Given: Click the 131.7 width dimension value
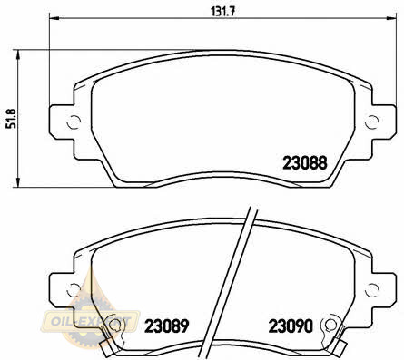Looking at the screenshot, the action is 222,12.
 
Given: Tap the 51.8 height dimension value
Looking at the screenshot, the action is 12,119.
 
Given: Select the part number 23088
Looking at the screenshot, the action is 305,163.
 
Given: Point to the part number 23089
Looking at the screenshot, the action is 167,326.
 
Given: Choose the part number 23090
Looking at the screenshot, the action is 291,326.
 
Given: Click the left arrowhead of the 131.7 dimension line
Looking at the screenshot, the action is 54,18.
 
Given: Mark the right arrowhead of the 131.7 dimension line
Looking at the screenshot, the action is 390,18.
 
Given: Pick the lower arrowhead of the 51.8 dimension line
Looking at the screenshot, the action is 18,181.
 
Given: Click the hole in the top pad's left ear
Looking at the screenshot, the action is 74,122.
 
